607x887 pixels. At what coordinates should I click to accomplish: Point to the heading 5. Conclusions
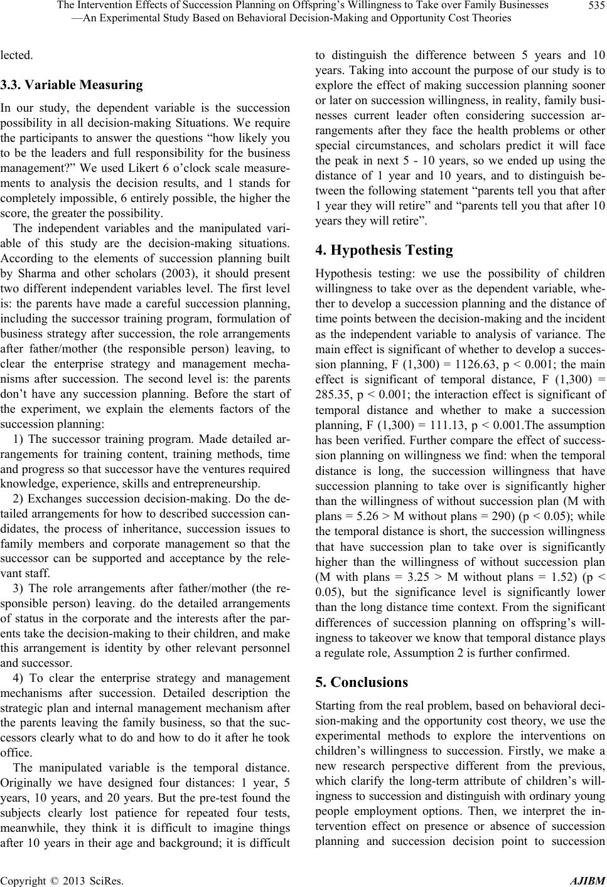361,453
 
